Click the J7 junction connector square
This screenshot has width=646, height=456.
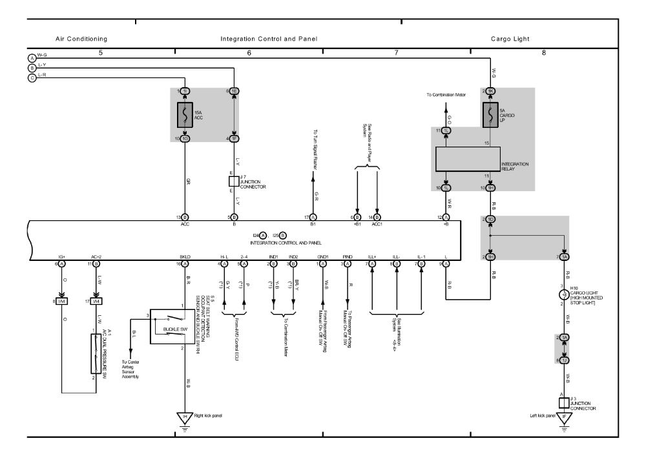[234, 180]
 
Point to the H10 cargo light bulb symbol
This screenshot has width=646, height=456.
[564, 295]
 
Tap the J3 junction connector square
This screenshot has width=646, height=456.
[564, 402]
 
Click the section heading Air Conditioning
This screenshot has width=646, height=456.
[81, 39]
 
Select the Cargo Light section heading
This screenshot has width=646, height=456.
[510, 39]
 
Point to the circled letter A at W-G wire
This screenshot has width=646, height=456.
[32, 57]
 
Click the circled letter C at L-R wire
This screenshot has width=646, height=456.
[32, 78]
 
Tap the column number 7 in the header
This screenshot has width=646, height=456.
[396, 52]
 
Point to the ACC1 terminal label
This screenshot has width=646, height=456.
[377, 225]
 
